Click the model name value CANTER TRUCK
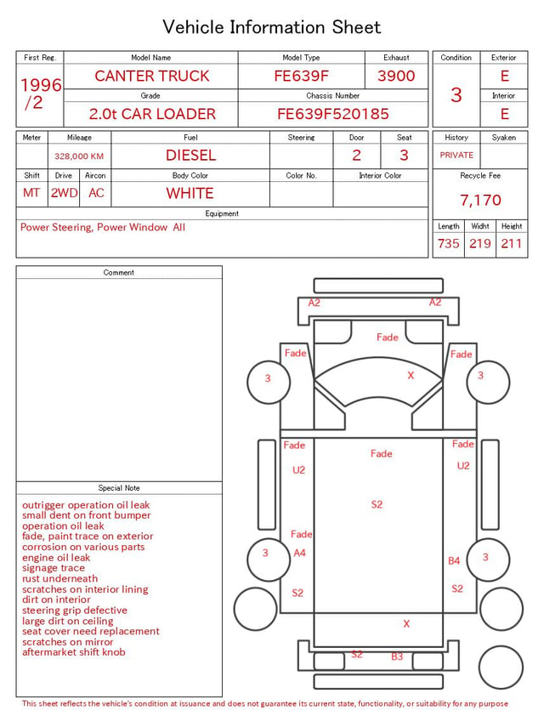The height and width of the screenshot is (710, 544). (152, 76)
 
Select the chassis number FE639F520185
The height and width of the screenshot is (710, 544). (333, 114)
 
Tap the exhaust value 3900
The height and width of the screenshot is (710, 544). (396, 76)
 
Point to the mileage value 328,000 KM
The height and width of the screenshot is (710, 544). (79, 156)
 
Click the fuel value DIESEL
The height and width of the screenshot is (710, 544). (190, 156)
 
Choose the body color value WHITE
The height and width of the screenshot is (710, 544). (190, 193)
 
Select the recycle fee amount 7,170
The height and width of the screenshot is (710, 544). (480, 200)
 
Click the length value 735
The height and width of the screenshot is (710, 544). (449, 243)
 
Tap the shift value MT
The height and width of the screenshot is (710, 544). (31, 193)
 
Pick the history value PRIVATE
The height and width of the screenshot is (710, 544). (456, 155)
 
